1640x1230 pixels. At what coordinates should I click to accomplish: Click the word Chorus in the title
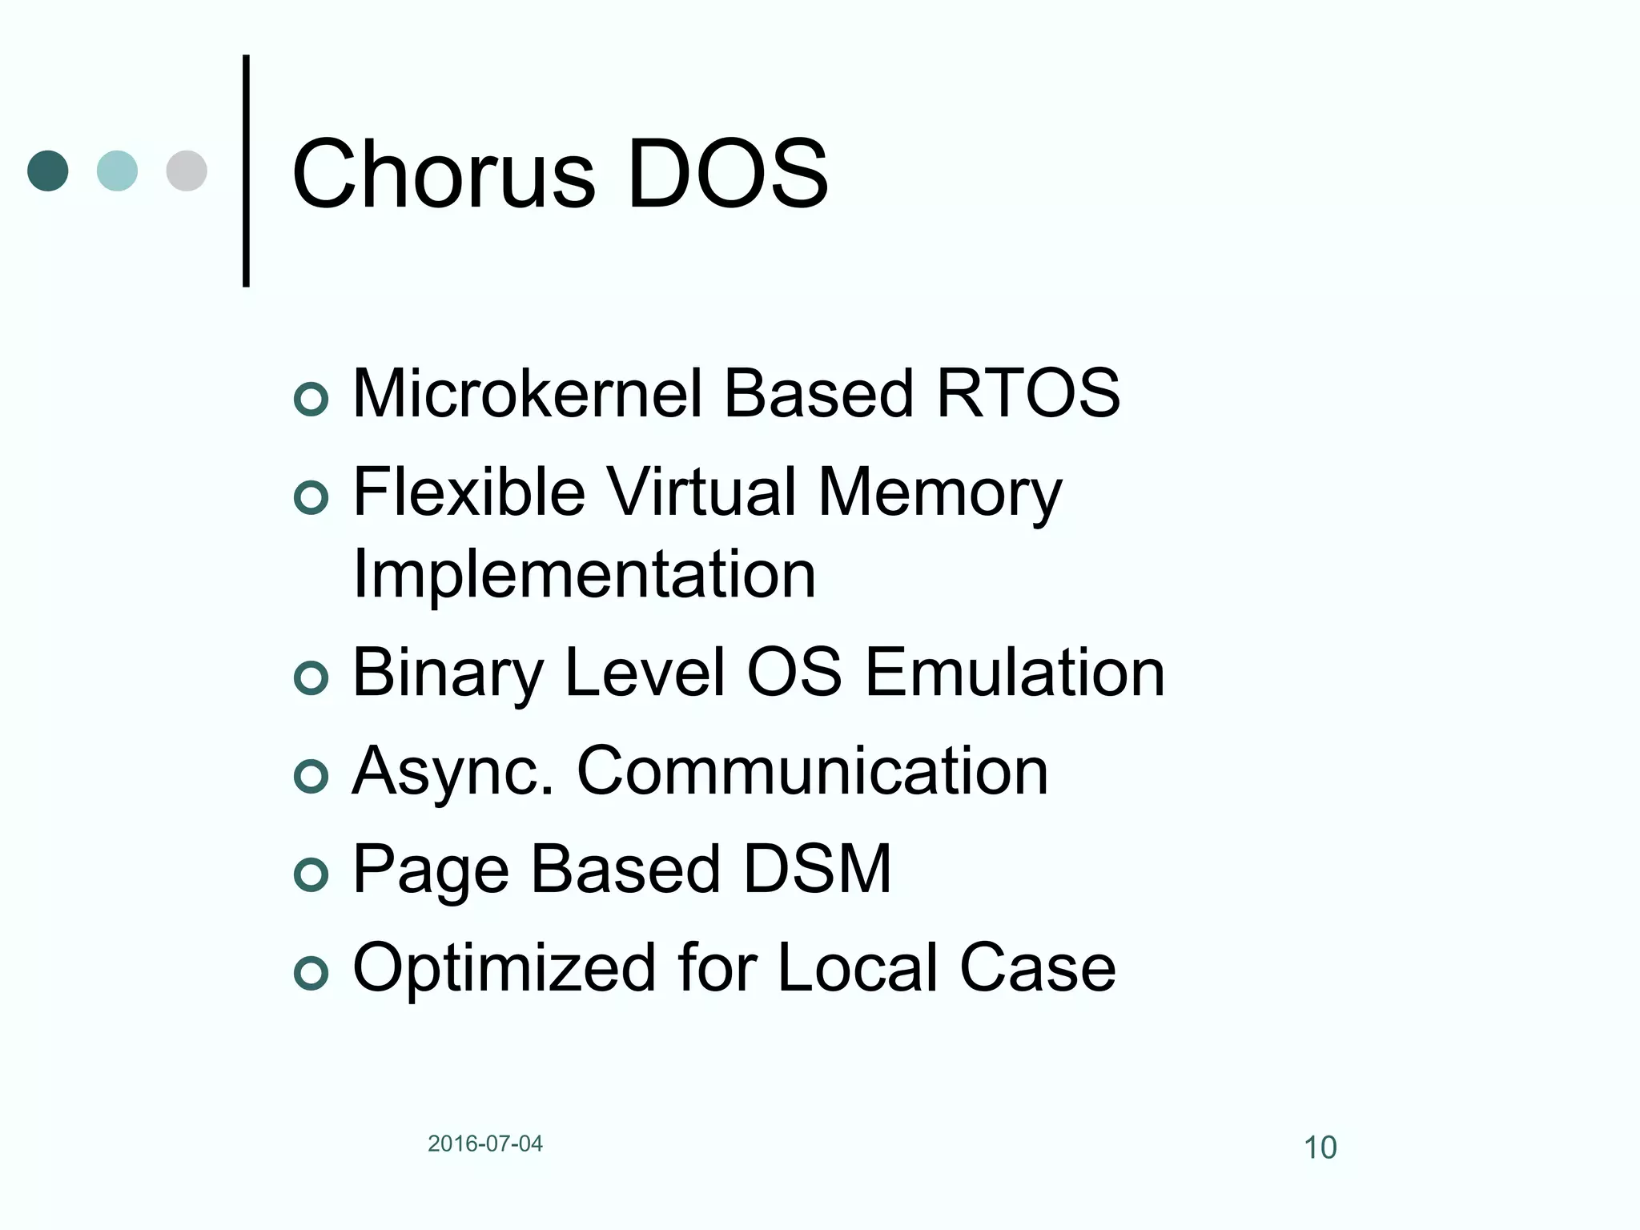444,175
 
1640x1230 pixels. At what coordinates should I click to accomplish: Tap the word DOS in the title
727,175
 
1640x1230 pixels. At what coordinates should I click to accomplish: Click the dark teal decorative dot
48,171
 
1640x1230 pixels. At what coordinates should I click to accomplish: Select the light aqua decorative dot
117,171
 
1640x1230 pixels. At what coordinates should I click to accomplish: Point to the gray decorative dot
187,171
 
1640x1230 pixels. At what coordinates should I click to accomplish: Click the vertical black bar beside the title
246,171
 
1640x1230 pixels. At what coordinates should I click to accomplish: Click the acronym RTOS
1028,393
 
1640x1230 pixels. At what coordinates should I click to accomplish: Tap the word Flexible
468,492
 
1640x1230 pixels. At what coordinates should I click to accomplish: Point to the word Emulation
1015,673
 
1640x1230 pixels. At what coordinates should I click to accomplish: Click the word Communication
812,771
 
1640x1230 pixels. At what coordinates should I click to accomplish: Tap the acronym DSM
817,869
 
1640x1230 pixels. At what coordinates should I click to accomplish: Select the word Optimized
502,968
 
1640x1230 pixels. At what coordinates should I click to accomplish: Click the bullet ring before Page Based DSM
311,874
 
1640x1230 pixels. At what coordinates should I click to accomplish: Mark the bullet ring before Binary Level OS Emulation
311,678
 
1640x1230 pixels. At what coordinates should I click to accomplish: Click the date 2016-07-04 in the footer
485,1144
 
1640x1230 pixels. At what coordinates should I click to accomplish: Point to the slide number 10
1320,1148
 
